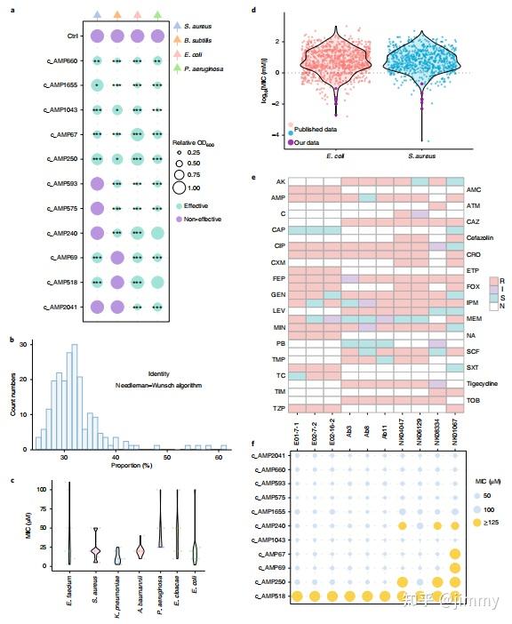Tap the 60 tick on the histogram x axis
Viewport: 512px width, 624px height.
pos(219,455)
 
